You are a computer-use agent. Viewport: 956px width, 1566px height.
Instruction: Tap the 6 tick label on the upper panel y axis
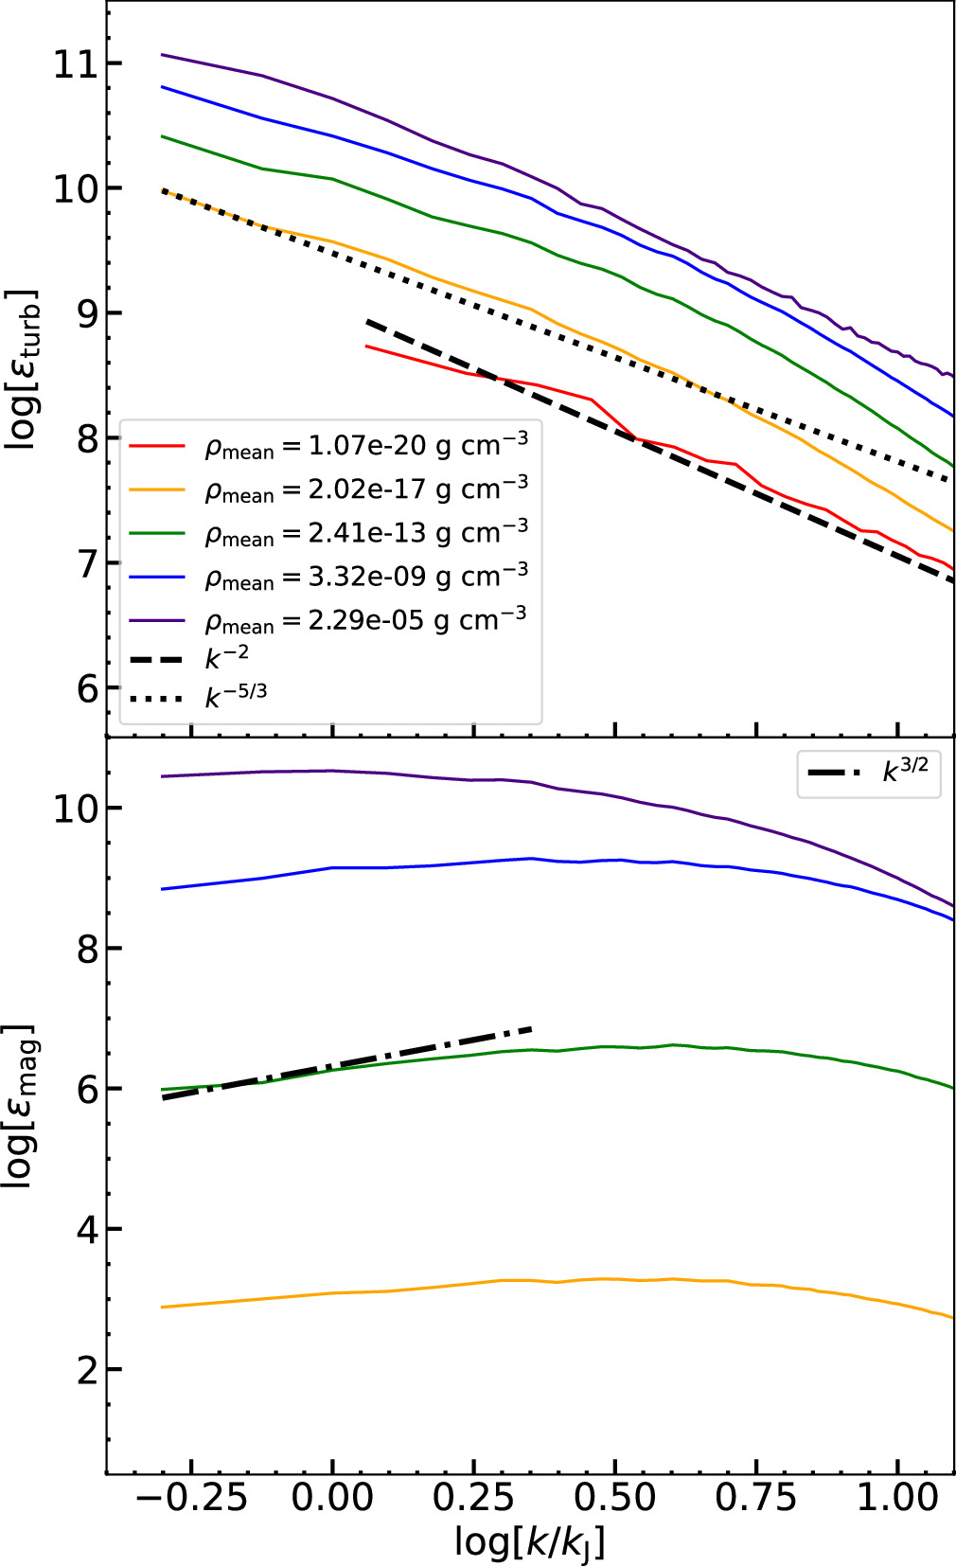point(86,688)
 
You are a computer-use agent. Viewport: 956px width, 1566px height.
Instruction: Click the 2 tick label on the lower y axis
point(86,1370)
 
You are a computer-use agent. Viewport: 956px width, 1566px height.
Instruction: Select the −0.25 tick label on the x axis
point(191,1498)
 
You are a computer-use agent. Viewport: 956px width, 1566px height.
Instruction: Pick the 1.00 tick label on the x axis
point(897,1498)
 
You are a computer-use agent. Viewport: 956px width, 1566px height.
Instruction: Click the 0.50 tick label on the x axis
point(615,1498)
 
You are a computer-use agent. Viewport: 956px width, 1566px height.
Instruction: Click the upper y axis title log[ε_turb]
point(23,369)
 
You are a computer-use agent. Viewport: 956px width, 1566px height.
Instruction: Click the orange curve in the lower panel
point(473,1283)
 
